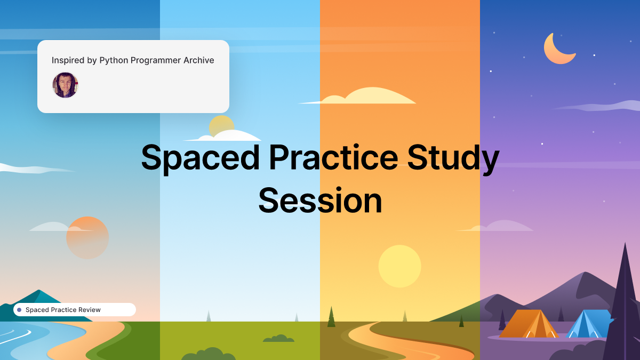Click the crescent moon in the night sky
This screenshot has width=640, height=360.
click(557, 50)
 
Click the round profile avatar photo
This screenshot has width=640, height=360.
click(65, 85)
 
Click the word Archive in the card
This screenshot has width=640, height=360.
click(198, 60)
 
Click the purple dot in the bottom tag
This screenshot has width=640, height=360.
click(19, 310)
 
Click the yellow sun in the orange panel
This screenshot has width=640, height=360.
click(399, 266)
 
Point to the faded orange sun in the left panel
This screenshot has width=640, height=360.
click(87, 238)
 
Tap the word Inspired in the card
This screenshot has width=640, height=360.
click(67, 60)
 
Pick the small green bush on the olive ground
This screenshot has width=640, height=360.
click(278, 338)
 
